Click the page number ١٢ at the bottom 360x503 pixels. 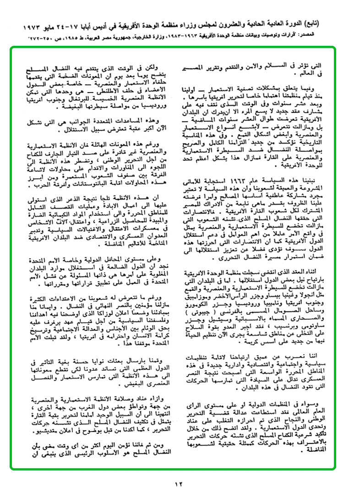[180, 482]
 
